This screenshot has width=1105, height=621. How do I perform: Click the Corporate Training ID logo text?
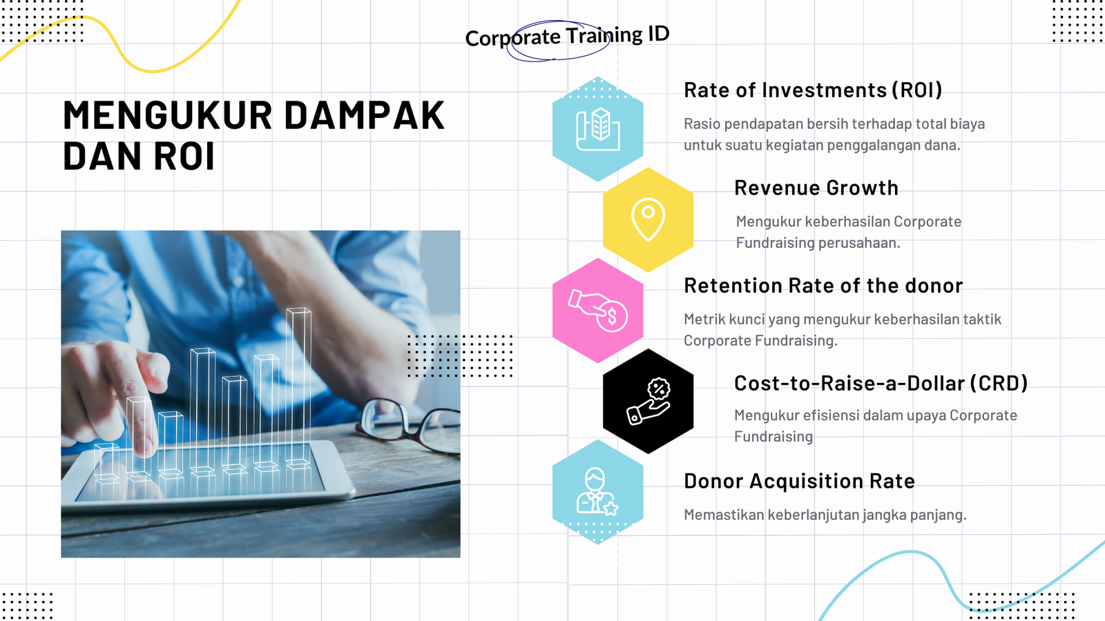tap(567, 36)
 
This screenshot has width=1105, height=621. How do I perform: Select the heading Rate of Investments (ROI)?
tap(813, 90)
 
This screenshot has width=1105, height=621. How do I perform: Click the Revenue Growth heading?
tap(816, 188)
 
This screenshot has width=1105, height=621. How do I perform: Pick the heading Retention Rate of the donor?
tap(823, 286)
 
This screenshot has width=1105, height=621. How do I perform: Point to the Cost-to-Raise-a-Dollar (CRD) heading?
tap(881, 383)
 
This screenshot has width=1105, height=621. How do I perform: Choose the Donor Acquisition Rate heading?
tap(799, 481)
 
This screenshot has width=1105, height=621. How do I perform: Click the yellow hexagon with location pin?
tap(648, 220)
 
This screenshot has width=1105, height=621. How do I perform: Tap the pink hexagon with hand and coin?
tap(598, 310)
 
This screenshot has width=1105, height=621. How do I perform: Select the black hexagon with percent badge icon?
tap(648, 401)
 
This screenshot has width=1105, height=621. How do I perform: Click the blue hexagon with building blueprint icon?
tap(598, 129)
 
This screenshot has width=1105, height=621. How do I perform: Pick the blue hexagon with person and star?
tap(598, 492)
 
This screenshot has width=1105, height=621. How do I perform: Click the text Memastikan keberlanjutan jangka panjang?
tap(825, 515)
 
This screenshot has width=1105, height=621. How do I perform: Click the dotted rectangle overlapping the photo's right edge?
tap(460, 356)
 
